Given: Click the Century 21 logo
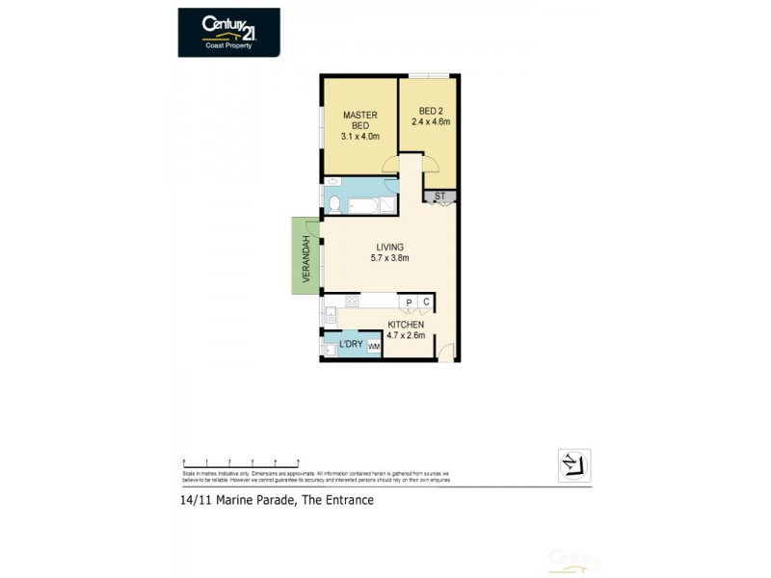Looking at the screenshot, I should click(x=228, y=32).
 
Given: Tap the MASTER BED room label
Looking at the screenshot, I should click(x=359, y=126).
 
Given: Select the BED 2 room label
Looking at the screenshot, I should click(x=431, y=116).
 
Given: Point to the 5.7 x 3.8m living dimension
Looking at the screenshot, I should click(x=390, y=258).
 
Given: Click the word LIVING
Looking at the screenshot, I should click(x=390, y=247).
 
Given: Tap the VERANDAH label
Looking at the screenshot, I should click(x=306, y=257).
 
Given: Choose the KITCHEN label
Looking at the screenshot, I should click(x=406, y=325).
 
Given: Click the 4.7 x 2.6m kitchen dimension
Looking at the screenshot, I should click(x=406, y=335).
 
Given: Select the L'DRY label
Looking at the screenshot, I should click(x=350, y=345).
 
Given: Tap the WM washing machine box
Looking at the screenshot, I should click(x=374, y=346).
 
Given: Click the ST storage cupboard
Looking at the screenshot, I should click(x=439, y=197).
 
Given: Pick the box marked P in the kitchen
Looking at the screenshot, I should click(x=408, y=302).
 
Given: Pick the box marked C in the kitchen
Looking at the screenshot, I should click(x=425, y=302).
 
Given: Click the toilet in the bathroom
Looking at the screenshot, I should click(x=332, y=204).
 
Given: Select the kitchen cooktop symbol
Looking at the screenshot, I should click(x=353, y=301).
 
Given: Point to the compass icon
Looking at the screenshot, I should click(x=574, y=465).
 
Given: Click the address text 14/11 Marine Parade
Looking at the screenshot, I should click(x=277, y=500).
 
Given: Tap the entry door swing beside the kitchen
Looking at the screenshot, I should click(x=444, y=352).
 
